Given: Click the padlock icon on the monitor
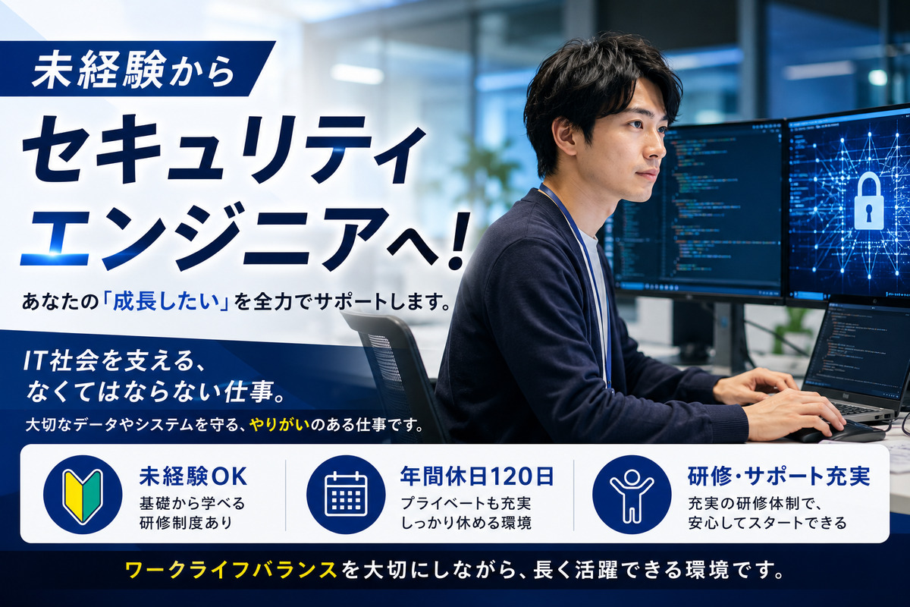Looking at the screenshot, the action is click(x=868, y=200).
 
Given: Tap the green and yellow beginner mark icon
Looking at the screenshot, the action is click(x=83, y=495).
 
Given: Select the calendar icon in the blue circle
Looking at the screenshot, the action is click(x=346, y=494).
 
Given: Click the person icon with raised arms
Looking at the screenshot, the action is click(x=632, y=495).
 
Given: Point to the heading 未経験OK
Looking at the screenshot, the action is click(x=193, y=476).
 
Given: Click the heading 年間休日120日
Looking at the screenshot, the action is click(x=477, y=476).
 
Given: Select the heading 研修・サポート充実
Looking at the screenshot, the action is click(x=779, y=476).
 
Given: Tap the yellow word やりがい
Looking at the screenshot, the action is click(x=280, y=424).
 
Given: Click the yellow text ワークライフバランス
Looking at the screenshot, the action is click(x=231, y=570).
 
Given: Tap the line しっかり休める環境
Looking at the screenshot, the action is click(x=466, y=524).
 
